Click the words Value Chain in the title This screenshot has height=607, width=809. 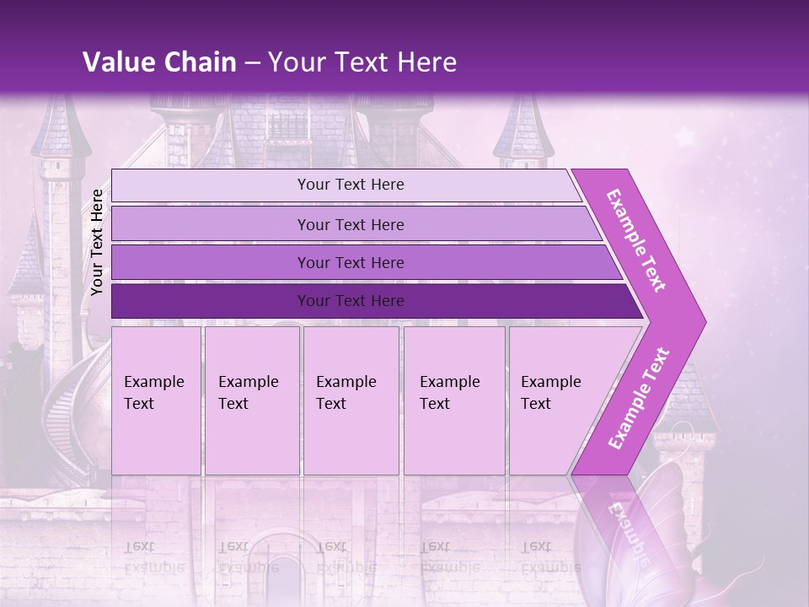pyautogui.click(x=159, y=62)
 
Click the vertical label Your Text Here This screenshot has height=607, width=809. pyautogui.click(x=97, y=242)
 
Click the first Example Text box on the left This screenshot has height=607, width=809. pyautogui.click(x=156, y=400)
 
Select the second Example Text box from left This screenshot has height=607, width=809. pyautogui.click(x=252, y=400)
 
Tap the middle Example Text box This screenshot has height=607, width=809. pyautogui.click(x=351, y=400)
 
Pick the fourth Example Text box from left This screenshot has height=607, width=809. pyautogui.click(x=454, y=400)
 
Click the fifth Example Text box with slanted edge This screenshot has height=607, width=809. pyautogui.click(x=556, y=400)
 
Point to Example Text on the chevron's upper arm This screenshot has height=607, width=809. pyautogui.click(x=636, y=240)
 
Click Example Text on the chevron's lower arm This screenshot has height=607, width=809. pyautogui.click(x=639, y=399)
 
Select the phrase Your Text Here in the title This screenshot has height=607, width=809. pyautogui.click(x=362, y=62)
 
